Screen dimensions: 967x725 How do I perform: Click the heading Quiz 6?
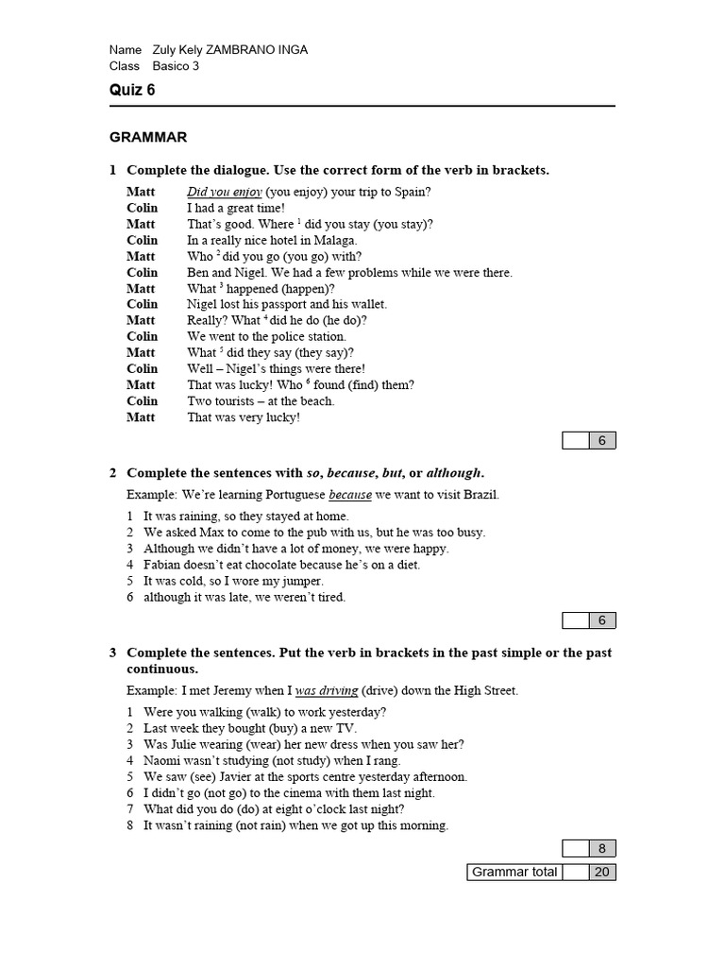132,91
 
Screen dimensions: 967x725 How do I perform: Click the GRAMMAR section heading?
148,137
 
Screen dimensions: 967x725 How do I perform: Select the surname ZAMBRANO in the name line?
238,50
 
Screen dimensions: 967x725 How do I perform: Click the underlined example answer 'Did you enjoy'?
225,192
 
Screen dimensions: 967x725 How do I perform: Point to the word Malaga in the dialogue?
338,240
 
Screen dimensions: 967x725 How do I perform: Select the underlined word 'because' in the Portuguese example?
350,495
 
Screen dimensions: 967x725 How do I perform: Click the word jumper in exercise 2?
301,581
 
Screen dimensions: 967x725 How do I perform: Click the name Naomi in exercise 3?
163,760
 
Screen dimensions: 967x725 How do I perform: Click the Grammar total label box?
514,872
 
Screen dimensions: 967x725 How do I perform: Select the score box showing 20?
602,872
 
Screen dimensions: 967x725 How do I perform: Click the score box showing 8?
602,848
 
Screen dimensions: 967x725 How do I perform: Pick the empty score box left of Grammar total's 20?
575,872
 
